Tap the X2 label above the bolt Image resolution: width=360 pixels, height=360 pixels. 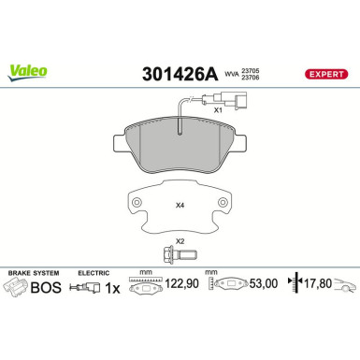(180, 240)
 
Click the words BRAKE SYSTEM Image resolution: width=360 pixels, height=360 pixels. (33, 272)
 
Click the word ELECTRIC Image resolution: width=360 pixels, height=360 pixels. (94, 272)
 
